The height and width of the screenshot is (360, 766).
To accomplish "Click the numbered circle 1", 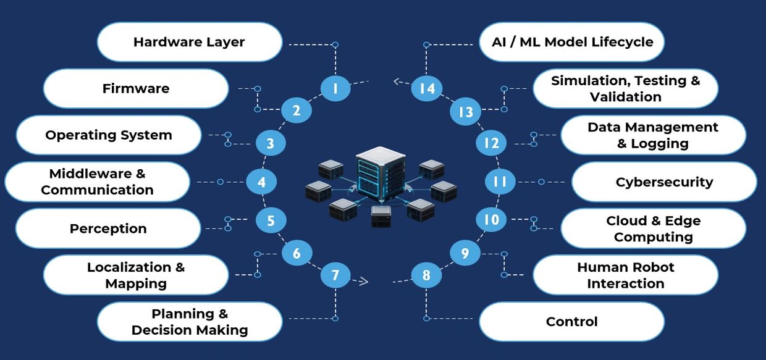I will (x=335, y=88).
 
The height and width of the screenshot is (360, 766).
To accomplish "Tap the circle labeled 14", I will (x=427, y=88).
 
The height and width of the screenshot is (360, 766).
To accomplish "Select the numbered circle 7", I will (x=335, y=275).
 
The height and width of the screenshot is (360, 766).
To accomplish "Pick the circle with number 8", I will (x=426, y=275).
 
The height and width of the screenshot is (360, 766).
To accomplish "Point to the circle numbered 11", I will (x=500, y=182).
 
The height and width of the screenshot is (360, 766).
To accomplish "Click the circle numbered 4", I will (x=261, y=182).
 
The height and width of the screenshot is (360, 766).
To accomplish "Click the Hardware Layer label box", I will (x=190, y=42).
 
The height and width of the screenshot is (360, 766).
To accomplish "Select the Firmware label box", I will (x=136, y=88).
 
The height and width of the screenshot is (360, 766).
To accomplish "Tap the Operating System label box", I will (x=109, y=135).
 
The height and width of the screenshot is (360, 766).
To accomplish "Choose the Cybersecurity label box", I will (x=664, y=182).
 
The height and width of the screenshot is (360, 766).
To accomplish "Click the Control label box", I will (x=571, y=321).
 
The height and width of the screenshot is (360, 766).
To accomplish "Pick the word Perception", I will (x=108, y=228).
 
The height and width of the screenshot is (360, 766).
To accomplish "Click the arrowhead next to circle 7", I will (x=363, y=282).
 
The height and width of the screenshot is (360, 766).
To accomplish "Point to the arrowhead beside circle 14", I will (x=398, y=81).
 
